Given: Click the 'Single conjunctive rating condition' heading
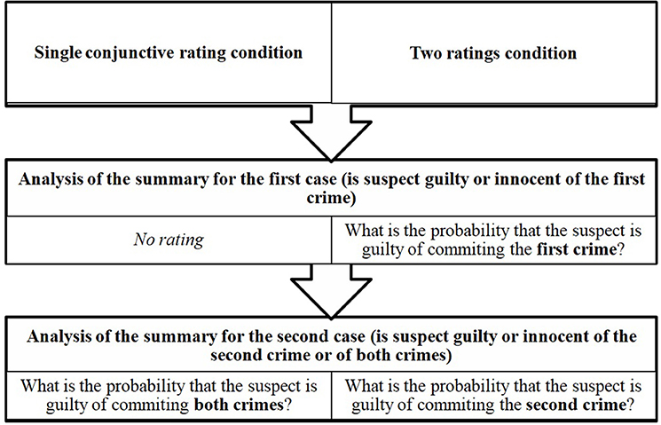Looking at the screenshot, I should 168,52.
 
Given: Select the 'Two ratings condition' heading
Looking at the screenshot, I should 493,53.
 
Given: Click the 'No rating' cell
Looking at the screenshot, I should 168,239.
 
